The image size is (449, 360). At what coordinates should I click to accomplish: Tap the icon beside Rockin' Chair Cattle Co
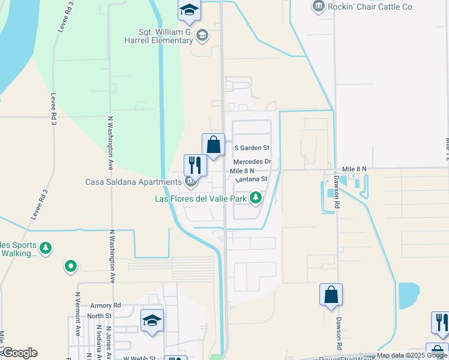pos(318,7)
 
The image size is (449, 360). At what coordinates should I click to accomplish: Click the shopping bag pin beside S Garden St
pos(213,145)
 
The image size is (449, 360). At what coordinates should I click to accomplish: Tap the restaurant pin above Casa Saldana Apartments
pos(195,165)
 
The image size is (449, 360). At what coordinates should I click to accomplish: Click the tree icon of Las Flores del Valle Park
pos(256,197)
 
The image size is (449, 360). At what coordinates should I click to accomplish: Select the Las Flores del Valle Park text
pos(200,199)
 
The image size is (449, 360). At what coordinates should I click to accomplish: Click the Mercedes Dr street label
pos(253,162)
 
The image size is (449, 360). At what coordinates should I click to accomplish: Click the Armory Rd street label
pos(105,305)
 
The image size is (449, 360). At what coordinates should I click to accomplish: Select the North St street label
pos(99,316)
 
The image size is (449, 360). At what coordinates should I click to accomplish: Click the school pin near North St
pos(152,321)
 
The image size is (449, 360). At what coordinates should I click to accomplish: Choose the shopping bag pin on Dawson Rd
pos(331,295)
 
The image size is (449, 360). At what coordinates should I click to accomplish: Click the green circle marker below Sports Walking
pos(71,265)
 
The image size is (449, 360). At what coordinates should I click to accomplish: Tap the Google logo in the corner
pos(19,353)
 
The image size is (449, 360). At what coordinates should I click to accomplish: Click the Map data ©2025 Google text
pos(412,355)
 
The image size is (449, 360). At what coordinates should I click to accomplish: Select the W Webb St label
pos(139,358)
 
